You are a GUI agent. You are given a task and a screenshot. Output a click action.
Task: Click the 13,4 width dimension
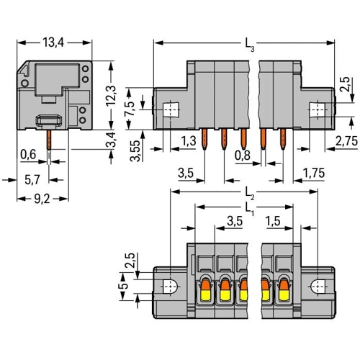(53, 42)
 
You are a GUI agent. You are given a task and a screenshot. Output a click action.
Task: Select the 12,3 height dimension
(111, 96)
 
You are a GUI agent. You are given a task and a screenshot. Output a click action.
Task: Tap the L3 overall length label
(250, 45)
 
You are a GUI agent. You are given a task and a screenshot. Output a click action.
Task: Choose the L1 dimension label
(250, 209)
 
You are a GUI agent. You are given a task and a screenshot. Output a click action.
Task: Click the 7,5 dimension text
(130, 108)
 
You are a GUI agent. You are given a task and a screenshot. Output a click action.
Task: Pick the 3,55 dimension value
(135, 150)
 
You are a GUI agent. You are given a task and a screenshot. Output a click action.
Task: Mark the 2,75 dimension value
(346, 141)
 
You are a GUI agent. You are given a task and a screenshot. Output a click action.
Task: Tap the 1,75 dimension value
(314, 173)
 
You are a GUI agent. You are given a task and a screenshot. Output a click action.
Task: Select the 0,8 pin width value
(243, 156)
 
